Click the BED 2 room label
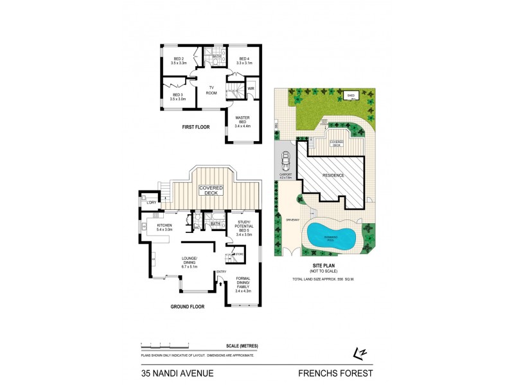pos(178,61)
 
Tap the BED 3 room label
pos(177,97)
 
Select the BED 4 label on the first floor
pos(243,61)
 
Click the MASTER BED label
pos(242,120)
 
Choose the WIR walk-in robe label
pos(251,88)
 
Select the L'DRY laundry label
pos(152,203)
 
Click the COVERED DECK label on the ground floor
pos(211,191)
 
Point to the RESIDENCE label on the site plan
pos(333,175)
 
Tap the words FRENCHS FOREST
pos(335,372)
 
